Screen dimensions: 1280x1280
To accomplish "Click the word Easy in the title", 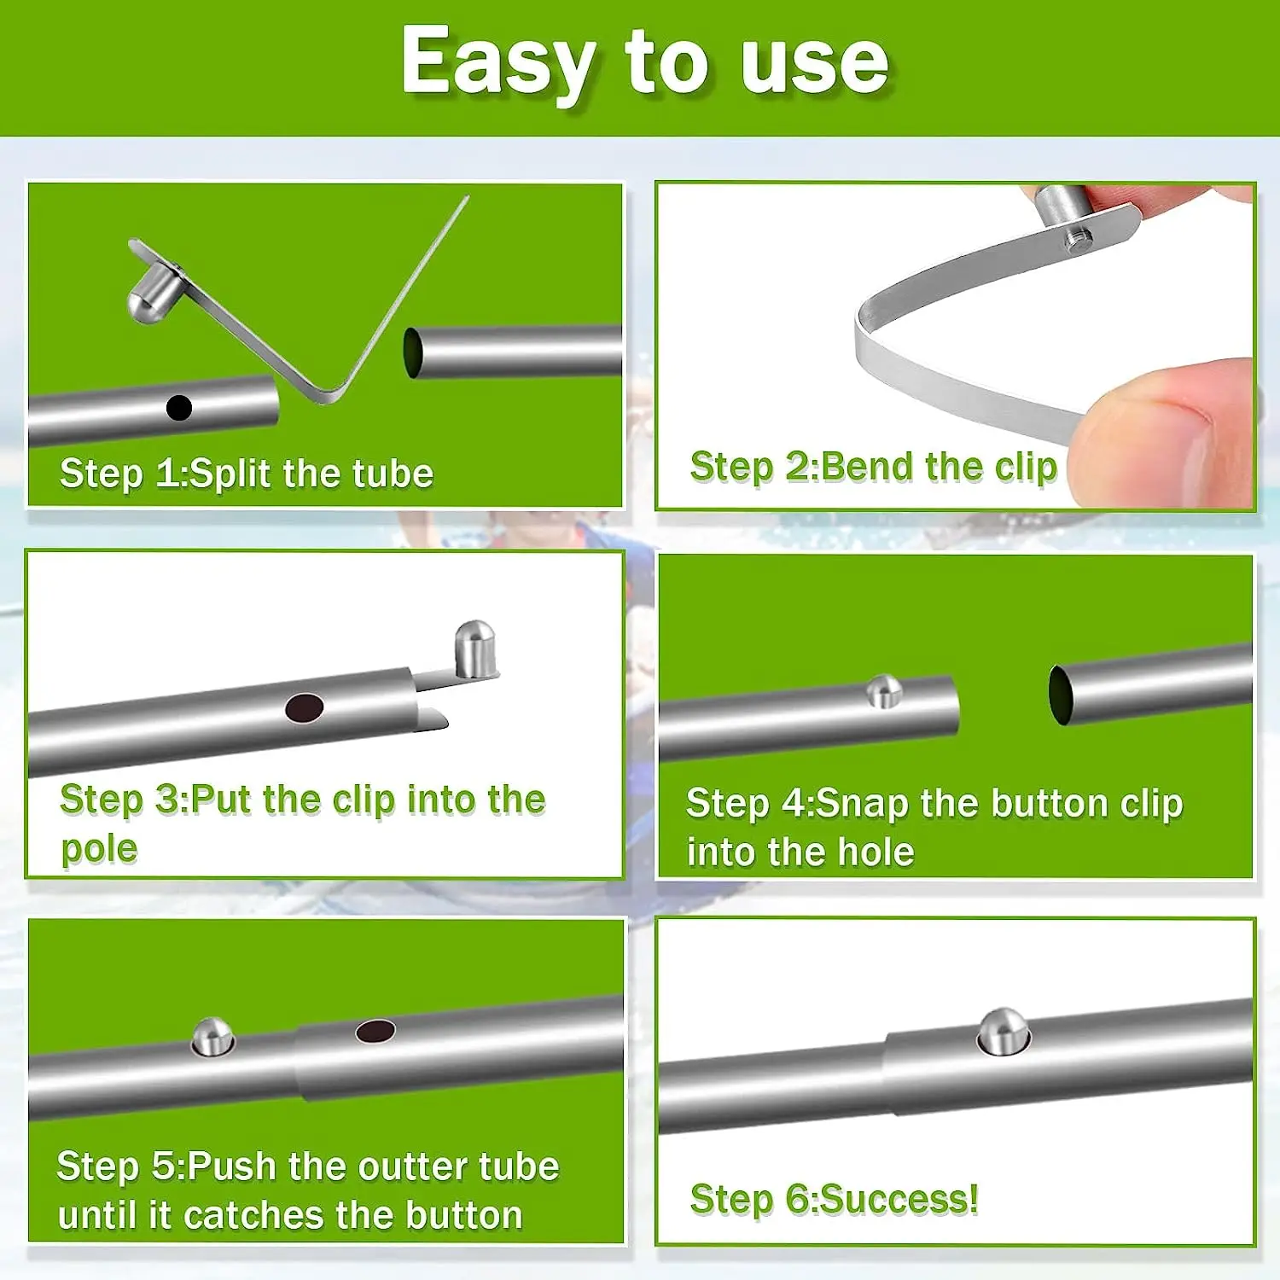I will [498, 63].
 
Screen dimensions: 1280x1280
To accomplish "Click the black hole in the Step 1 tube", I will [178, 408].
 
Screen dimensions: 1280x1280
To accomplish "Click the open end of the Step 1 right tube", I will [413, 352].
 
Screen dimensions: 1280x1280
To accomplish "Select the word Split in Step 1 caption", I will [229, 474].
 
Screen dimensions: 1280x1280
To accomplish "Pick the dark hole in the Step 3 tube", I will [304, 707].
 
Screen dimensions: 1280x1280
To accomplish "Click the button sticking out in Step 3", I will [475, 649].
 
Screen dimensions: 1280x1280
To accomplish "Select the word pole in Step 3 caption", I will [99, 849].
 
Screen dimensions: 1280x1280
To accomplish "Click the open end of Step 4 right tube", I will [1061, 695].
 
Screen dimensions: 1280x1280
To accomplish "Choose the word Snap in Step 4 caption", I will [862, 804].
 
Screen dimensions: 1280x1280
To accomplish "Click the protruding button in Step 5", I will [212, 1036].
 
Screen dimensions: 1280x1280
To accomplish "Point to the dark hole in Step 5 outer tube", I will [375, 1031].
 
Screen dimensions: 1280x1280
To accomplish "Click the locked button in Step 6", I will [1003, 1030].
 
